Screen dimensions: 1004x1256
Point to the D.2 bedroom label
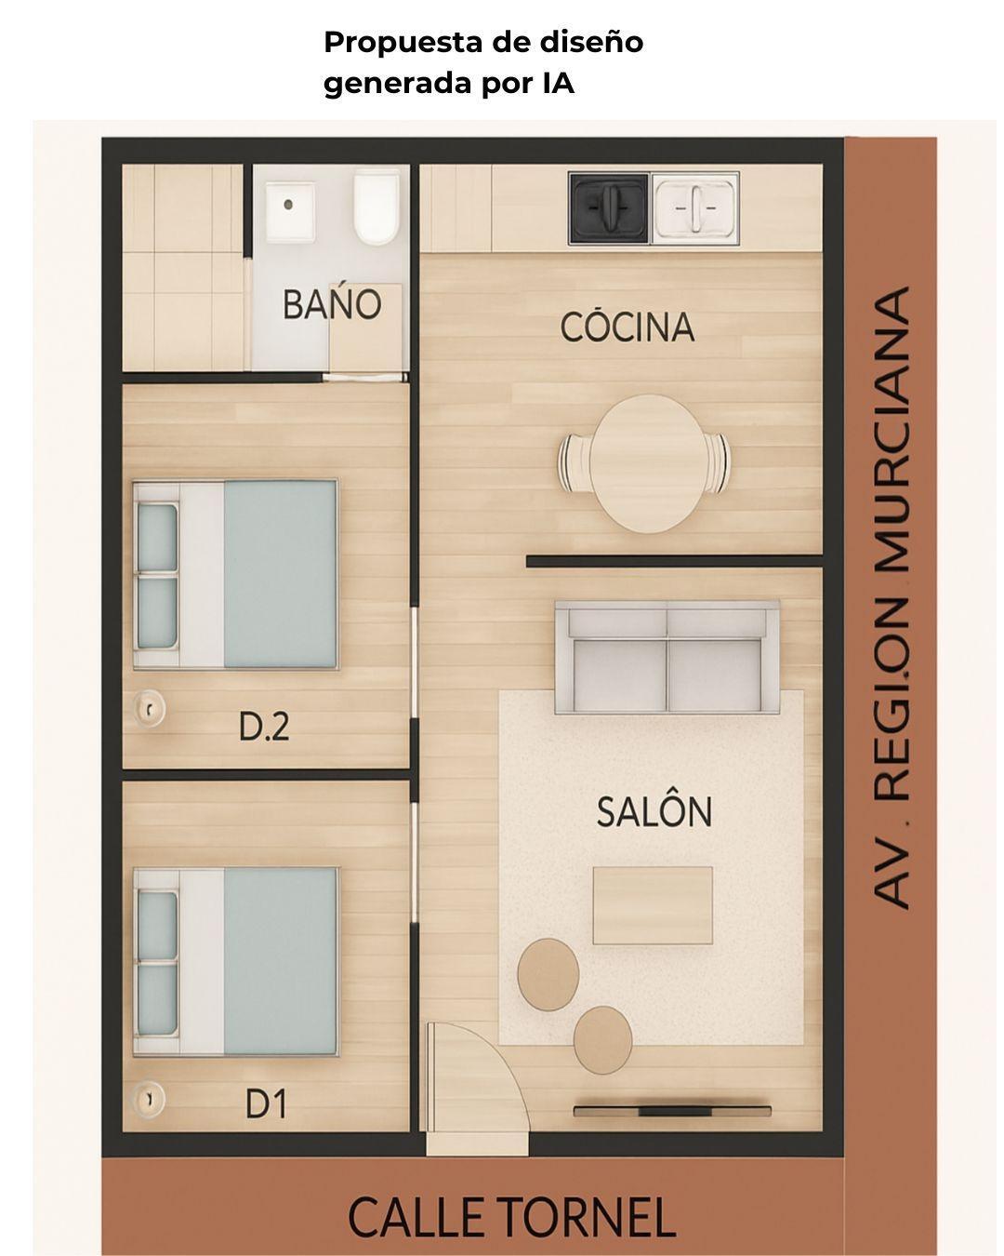tap(264, 726)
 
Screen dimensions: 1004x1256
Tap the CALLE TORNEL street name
tap(511, 1217)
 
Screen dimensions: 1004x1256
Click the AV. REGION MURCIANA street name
tap(893, 597)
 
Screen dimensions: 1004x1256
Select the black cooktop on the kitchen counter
tap(609, 207)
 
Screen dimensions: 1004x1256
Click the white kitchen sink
tap(694, 207)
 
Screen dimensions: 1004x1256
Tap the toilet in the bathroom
tap(376, 206)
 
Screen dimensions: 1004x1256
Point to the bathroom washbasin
tap(290, 211)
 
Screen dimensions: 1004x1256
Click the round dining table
tap(644, 463)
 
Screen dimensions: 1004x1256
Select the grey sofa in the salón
tap(667, 657)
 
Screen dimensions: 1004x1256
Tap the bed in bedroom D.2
tap(235, 574)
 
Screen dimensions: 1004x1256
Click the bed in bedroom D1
tap(235, 961)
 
